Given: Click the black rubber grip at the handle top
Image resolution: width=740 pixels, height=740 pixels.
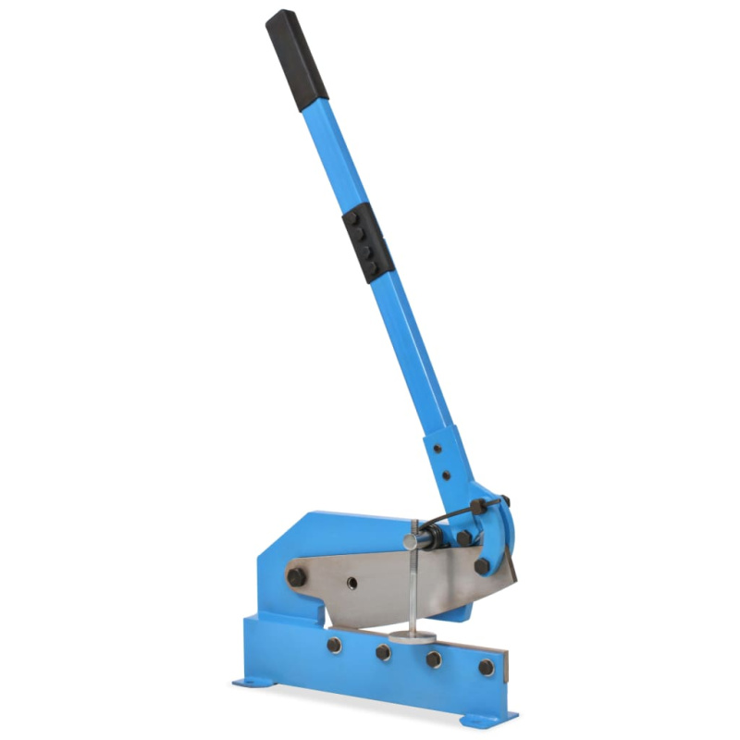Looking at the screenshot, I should (297, 56).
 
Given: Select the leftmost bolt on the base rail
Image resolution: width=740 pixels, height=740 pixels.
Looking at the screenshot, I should (334, 645).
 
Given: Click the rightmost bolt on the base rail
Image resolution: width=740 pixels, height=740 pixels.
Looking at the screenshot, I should (486, 667).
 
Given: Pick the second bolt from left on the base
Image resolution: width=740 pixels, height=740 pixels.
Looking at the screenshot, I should (383, 653).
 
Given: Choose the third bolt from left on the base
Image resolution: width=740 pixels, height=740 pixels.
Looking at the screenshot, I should (433, 660).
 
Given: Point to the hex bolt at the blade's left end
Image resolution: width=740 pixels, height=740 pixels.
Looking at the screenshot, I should (296, 577).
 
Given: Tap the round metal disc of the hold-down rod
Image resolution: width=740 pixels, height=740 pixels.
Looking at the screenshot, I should (413, 635).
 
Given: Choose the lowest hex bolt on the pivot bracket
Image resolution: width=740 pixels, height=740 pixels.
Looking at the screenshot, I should (481, 564).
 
